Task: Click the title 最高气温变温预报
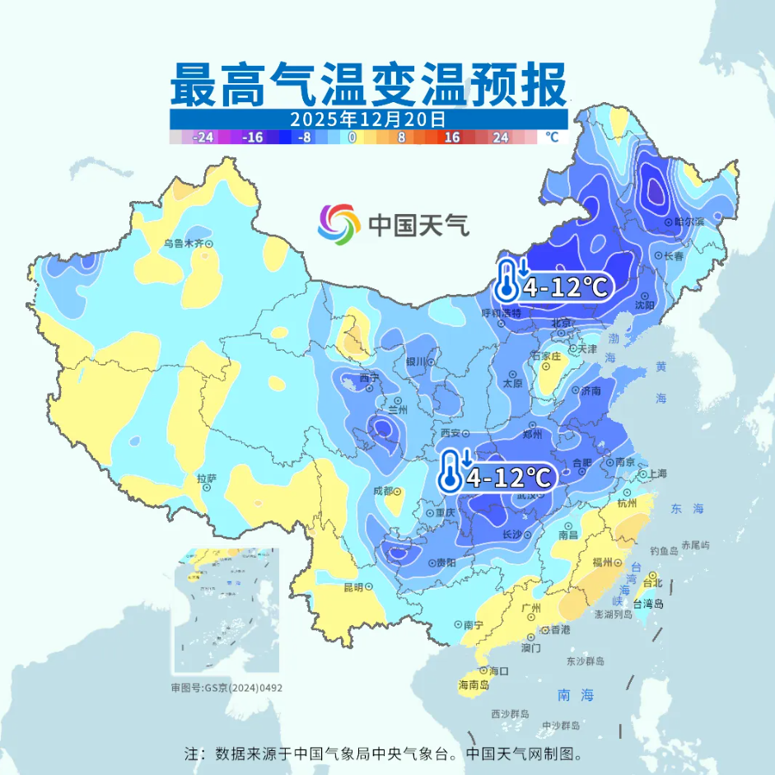(368, 84)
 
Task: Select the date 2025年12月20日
(368, 119)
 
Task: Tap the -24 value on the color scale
(202, 138)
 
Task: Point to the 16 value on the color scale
(452, 138)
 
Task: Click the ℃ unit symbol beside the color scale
(551, 138)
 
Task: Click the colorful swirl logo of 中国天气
(339, 223)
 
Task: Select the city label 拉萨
(207, 478)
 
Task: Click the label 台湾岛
(648, 603)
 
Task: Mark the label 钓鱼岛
(663, 550)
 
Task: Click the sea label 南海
(575, 695)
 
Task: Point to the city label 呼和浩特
(502, 314)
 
